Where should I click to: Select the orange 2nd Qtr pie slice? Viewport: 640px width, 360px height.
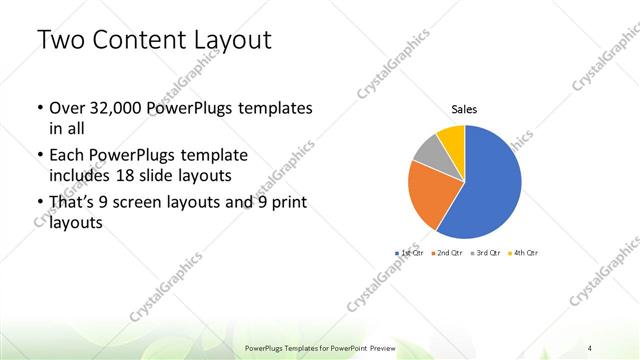[x=432, y=195]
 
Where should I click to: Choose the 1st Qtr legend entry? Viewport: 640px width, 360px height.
[x=408, y=253]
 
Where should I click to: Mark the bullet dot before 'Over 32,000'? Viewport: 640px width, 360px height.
[x=39, y=108]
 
